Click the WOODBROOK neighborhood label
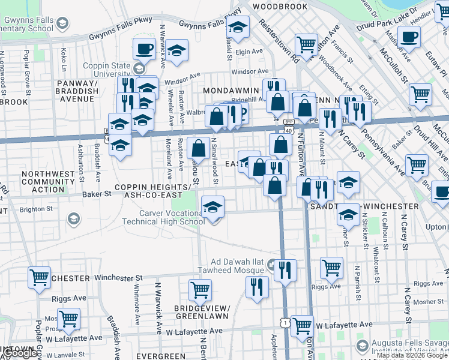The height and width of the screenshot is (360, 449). pyautogui.click(x=280, y=6)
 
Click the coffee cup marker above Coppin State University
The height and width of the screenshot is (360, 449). pyautogui.click(x=143, y=50)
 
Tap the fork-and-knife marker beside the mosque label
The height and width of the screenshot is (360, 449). pyautogui.click(x=285, y=269)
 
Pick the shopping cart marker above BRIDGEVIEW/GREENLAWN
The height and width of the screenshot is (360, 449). pyautogui.click(x=200, y=290)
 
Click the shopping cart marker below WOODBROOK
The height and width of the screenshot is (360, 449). pyautogui.click(x=306, y=44)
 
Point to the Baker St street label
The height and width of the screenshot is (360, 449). pyautogui.click(x=97, y=194)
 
